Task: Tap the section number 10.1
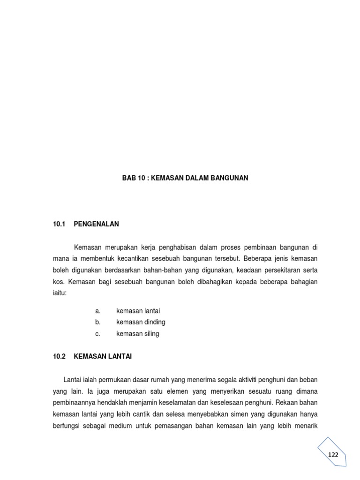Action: pyautogui.click(x=60, y=224)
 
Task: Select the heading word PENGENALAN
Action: pyautogui.click(x=97, y=224)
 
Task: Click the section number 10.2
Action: pyautogui.click(x=60, y=357)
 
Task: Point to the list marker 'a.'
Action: pyautogui.click(x=97, y=311)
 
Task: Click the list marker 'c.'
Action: pyautogui.click(x=97, y=334)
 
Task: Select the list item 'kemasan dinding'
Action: pyautogui.click(x=141, y=322)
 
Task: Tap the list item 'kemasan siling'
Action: pyautogui.click(x=138, y=334)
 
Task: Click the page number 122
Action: pyautogui.click(x=333, y=455)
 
